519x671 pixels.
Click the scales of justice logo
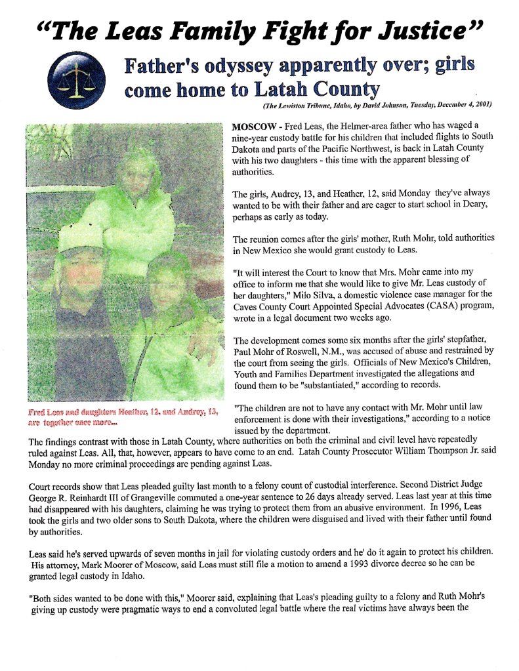[76, 81]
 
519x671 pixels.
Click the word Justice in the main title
[421, 30]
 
